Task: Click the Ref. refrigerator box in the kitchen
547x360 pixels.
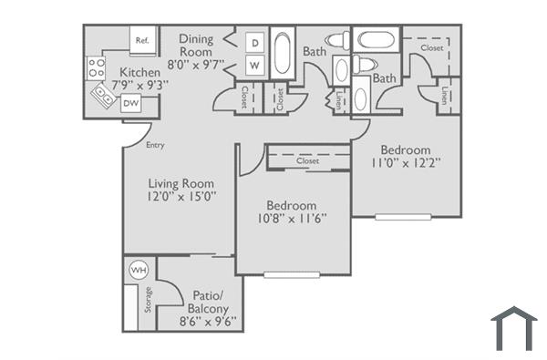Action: point(143,41)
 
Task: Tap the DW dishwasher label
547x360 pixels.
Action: point(130,104)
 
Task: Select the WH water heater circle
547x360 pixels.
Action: point(139,271)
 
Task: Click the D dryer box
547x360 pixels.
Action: point(255,44)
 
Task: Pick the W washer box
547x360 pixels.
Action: point(255,67)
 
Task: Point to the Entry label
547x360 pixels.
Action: point(156,145)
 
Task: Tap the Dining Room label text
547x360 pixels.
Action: point(196,44)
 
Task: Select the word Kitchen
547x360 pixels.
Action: point(139,72)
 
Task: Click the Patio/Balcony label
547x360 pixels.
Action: point(201,303)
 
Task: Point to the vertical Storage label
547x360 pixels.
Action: point(147,300)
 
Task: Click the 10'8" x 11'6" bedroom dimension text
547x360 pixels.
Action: point(292,218)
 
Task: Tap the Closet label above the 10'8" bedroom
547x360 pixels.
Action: point(307,160)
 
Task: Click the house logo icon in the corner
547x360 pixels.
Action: point(514,328)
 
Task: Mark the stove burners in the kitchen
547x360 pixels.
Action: point(95,67)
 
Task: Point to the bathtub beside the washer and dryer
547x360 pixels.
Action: point(283,56)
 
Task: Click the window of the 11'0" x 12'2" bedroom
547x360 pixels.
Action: point(404,217)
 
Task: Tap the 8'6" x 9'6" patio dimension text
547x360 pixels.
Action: point(201,321)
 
